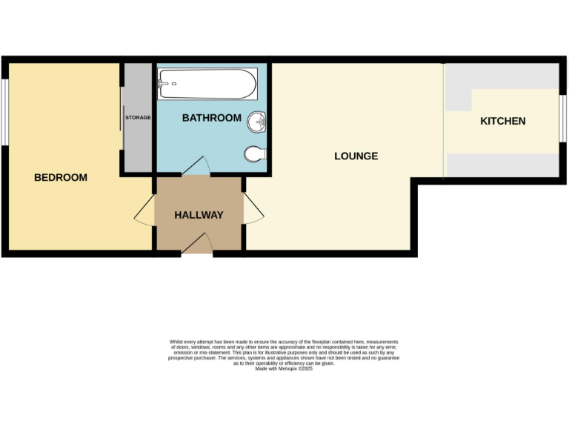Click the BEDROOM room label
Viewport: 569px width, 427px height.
coord(61,177)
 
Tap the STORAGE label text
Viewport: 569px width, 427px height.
coord(138,118)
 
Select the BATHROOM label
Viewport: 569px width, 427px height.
coord(212,118)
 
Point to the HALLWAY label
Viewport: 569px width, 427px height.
coord(199,215)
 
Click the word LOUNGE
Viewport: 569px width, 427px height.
coord(356,156)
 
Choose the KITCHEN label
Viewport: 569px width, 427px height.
coord(503,121)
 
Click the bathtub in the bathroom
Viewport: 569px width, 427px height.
coord(207,83)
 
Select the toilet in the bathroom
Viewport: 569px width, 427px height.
coord(254,153)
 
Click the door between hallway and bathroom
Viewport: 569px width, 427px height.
coord(195,167)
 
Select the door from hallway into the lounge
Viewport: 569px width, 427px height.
coord(254,212)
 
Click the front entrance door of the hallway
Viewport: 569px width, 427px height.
coord(196,245)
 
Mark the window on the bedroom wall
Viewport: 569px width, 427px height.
coord(4,111)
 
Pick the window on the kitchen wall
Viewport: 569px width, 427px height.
coord(562,117)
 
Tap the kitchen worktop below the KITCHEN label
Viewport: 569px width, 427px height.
coord(502,165)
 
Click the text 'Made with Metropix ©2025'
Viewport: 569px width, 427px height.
coord(284,368)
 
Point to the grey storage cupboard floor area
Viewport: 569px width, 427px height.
coord(138,148)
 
